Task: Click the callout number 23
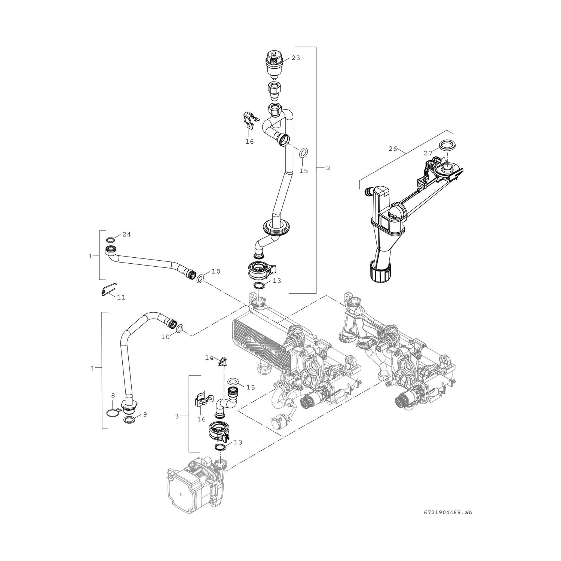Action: pyautogui.click(x=296, y=58)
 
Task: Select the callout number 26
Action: pyautogui.click(x=392, y=148)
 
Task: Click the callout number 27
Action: pyautogui.click(x=428, y=153)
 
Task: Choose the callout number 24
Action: pyautogui.click(x=126, y=234)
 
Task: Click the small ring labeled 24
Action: pyautogui.click(x=111, y=240)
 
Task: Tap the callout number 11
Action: pyautogui.click(x=121, y=297)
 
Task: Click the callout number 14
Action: pyautogui.click(x=209, y=358)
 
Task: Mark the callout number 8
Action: pyautogui.click(x=113, y=395)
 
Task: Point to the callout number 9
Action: pyautogui.click(x=145, y=414)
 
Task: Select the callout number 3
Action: pyautogui.click(x=177, y=415)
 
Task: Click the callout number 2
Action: pyautogui.click(x=328, y=168)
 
